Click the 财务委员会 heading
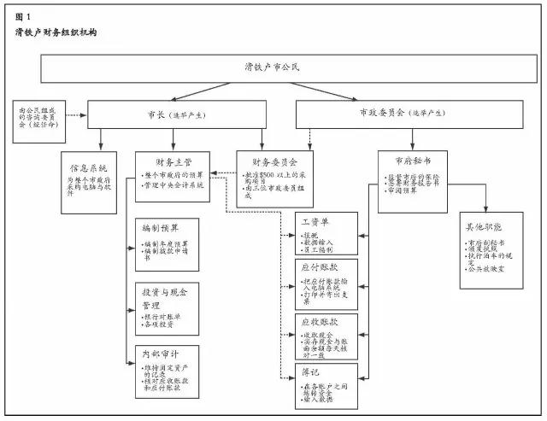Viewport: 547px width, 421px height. [274, 161]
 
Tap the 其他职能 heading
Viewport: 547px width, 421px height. [491, 228]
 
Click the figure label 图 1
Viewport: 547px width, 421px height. [23, 16]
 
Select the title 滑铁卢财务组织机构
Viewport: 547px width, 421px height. [56, 33]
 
